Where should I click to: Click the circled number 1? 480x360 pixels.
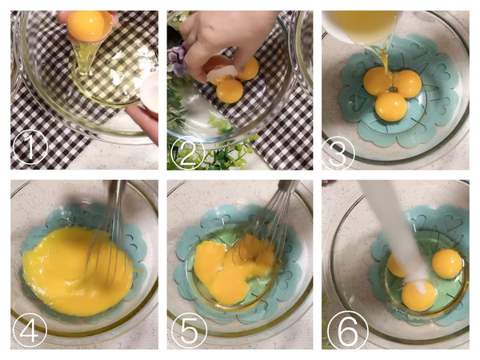pos(30,147)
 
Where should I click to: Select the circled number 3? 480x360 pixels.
pos(338,153)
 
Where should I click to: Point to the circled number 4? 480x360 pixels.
pos(29,330)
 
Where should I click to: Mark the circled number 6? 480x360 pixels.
pos(348,330)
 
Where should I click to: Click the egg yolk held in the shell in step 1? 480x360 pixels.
pos(88,26)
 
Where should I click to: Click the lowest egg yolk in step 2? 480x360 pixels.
pos(230,91)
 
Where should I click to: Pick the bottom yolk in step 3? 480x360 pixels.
pos(391,106)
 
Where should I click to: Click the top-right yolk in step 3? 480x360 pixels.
pos(406,83)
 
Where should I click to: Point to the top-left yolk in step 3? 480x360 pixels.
pos(377,81)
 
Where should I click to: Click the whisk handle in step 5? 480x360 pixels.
pos(287,186)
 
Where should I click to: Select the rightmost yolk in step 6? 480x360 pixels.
pos(447,263)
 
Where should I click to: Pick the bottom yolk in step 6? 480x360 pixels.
pos(418,294)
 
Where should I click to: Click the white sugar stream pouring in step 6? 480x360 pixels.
pos(395,226)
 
